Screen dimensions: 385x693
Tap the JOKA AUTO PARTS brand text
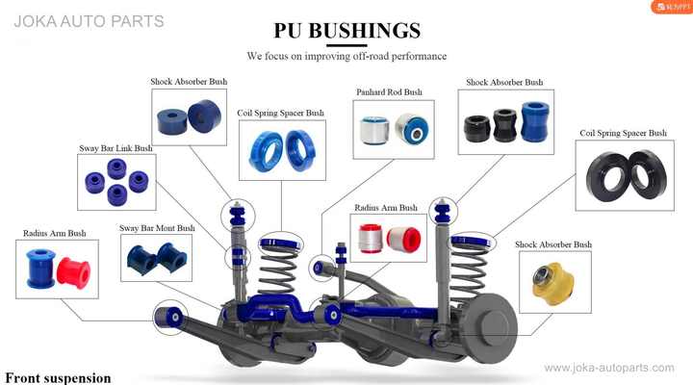coord(90,20)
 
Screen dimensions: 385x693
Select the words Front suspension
coord(58,377)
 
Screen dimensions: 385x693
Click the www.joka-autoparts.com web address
coord(611,368)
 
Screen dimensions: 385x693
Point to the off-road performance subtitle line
coord(346,57)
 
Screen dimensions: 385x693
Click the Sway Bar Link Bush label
coord(115,149)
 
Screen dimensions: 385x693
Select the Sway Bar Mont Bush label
coord(157,228)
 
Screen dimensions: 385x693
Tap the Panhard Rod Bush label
coord(389,92)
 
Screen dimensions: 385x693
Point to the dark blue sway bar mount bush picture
coord(157,259)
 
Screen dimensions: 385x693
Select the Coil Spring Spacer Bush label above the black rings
coord(623,133)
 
